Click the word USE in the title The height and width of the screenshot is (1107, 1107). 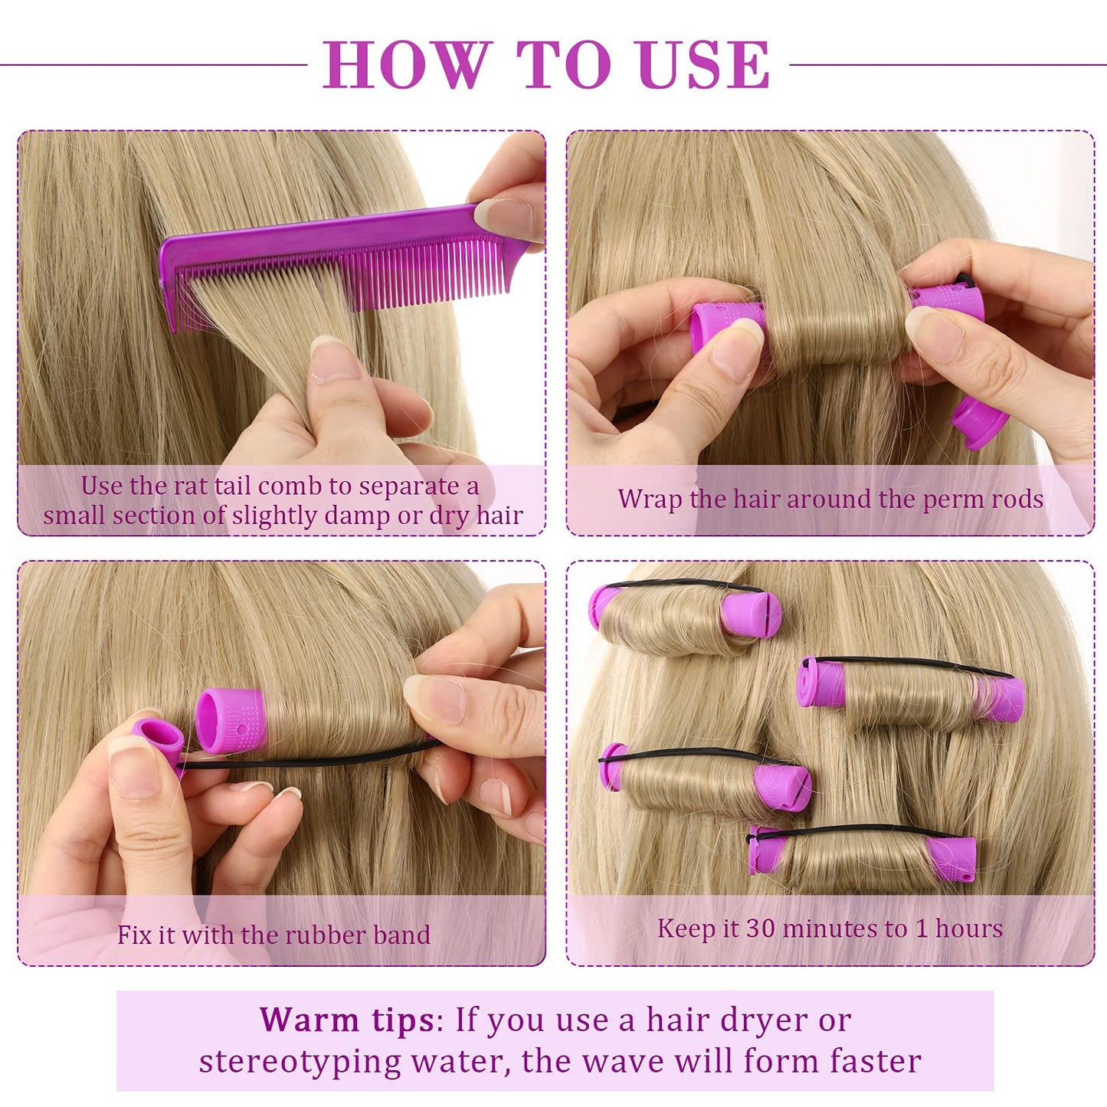pyautogui.click(x=703, y=65)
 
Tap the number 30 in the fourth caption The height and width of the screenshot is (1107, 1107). pyautogui.click(x=761, y=929)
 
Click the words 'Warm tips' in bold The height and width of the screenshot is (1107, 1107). pyautogui.click(x=347, y=1020)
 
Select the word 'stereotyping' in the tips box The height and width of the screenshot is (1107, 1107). pyautogui.click(x=300, y=1062)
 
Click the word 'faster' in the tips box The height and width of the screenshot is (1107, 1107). pyautogui.click(x=876, y=1062)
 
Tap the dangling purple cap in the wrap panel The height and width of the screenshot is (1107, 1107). pyautogui.click(x=978, y=423)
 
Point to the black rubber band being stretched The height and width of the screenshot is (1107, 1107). pyautogui.click(x=306, y=761)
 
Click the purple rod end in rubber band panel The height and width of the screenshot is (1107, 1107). pyautogui.click(x=230, y=720)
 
